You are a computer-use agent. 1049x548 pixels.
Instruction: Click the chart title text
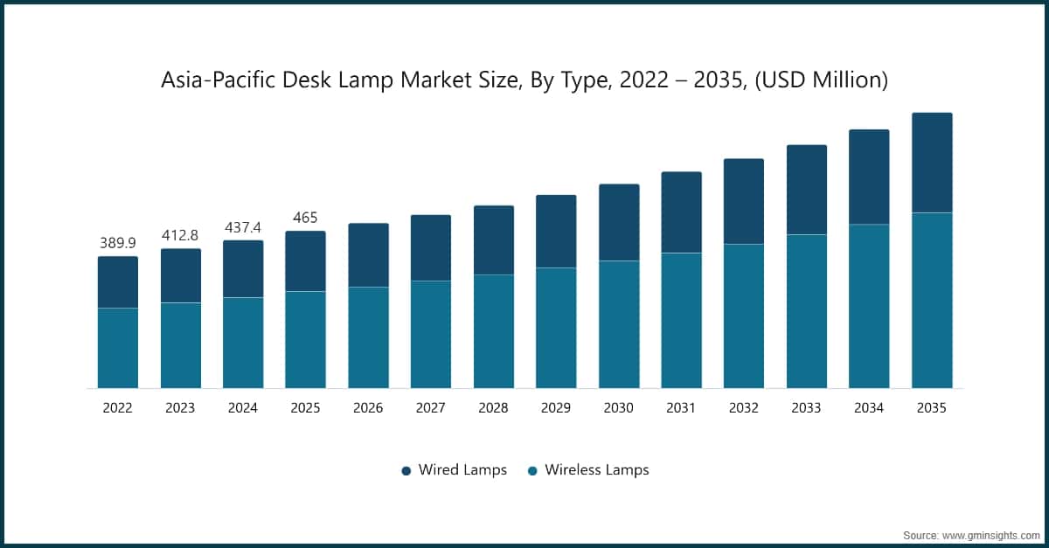pos(524,80)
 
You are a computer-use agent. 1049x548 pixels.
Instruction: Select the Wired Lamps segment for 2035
pos(932,163)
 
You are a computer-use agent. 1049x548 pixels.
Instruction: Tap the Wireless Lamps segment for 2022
pos(118,348)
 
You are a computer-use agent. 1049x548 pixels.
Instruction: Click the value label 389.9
pos(118,242)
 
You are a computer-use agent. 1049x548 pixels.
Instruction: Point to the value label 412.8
pos(180,235)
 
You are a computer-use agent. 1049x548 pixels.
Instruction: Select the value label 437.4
pos(243,226)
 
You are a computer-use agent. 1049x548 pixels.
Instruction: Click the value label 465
pos(305,217)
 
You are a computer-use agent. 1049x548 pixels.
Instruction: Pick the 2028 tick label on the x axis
pos(493,407)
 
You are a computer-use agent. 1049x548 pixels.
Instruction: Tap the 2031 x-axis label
pos(681,407)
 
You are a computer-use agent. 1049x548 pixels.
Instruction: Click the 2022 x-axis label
pos(118,407)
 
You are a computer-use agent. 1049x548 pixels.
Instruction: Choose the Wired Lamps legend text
pos(462,470)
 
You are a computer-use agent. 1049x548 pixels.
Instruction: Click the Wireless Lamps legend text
pos(597,470)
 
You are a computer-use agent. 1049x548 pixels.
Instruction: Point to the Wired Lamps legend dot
pos(406,471)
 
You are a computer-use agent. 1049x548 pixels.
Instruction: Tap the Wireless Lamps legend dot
pos(532,471)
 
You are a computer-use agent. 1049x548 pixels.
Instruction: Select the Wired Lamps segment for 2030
pos(619,222)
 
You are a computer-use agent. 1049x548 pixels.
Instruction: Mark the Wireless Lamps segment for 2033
pos(807,311)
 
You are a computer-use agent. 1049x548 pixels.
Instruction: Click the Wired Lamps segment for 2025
pos(305,261)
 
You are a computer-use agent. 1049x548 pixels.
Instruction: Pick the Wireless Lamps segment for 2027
pos(431,334)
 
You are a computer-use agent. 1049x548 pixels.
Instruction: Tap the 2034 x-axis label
pos(869,407)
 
